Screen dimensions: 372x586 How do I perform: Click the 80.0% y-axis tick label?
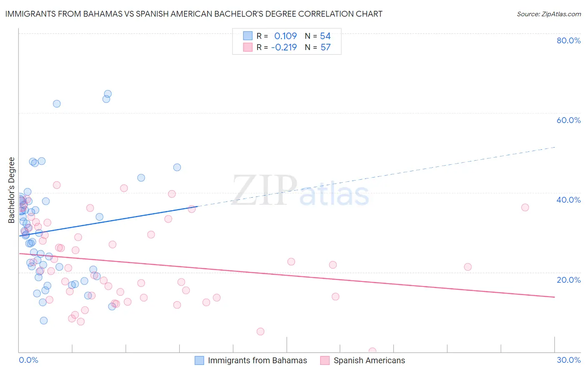pyautogui.click(x=568, y=40)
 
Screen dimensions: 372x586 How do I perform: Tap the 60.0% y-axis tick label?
pyautogui.click(x=568, y=120)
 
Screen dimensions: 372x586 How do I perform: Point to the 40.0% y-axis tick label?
pyautogui.click(x=568, y=200)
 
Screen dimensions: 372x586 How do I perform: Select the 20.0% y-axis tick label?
pyautogui.click(x=568, y=280)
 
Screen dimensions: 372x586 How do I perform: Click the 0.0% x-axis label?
pyautogui.click(x=28, y=360)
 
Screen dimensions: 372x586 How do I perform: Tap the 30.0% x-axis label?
pyautogui.click(x=568, y=360)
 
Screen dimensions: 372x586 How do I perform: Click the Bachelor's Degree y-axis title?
pyautogui.click(x=12, y=190)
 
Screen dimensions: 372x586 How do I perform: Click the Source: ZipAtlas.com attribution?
pyautogui.click(x=548, y=14)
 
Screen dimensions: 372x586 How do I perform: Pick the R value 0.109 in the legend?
pyautogui.click(x=285, y=36)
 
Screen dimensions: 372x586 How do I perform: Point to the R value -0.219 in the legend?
pyautogui.click(x=284, y=48)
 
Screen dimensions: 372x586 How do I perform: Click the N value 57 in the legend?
pyautogui.click(x=326, y=48)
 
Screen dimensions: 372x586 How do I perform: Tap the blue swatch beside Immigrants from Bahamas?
pyautogui.click(x=200, y=360)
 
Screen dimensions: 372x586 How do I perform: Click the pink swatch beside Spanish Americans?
pyautogui.click(x=325, y=360)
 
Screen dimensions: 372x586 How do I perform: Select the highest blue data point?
pyautogui.click(x=108, y=94)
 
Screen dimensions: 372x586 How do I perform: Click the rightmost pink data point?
pyautogui.click(x=525, y=208)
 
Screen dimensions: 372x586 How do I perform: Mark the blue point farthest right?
pyautogui.click(x=177, y=167)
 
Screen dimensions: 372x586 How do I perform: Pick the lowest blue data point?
pyautogui.click(x=44, y=321)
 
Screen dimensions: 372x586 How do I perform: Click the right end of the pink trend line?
pyautogui.click(x=555, y=297)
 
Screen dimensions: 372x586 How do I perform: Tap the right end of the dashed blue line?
pyautogui.click(x=555, y=147)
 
